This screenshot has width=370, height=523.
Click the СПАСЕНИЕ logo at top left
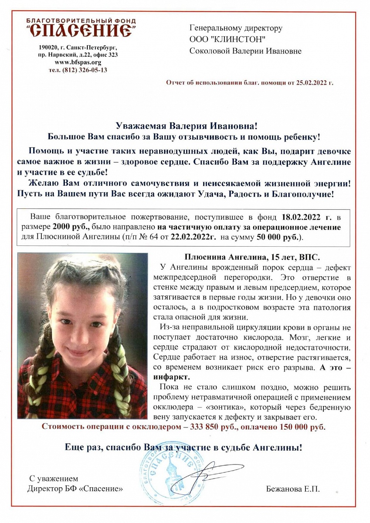[81, 30]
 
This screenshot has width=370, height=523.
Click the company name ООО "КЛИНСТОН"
[227, 40]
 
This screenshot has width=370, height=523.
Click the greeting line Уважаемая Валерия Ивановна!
[187, 126]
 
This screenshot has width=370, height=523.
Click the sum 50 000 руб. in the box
[278, 238]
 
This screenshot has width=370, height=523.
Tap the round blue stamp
[170, 475]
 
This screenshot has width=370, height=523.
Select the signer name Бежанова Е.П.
[292, 489]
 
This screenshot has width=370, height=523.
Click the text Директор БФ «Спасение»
[75, 489]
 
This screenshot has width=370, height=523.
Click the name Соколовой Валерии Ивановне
[245, 51]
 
